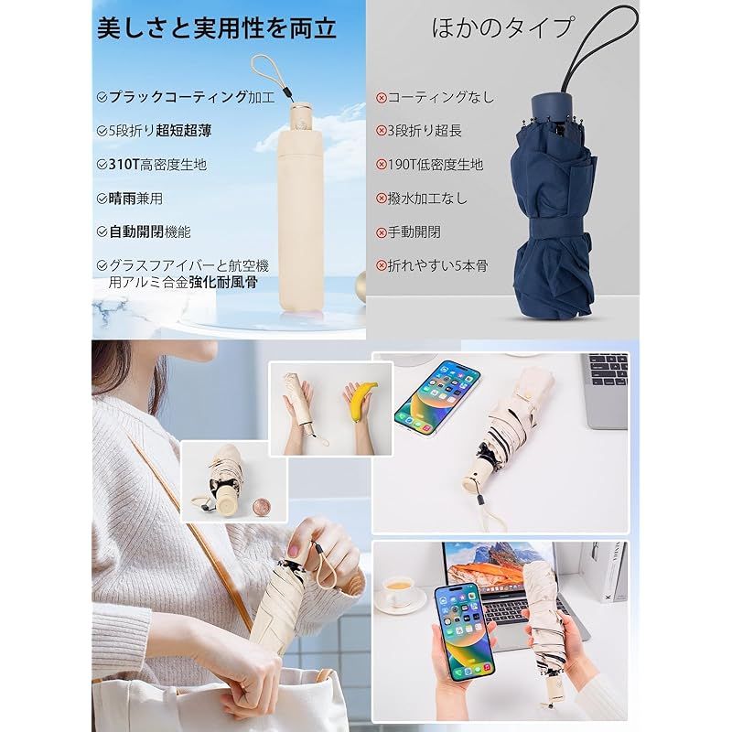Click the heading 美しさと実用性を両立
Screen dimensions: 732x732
point(217,28)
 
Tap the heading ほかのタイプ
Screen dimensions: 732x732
point(501,28)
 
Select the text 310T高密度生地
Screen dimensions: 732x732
point(157,165)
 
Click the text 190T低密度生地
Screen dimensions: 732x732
point(436,165)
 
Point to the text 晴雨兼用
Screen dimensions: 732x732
point(135,199)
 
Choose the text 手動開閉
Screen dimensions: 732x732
point(414,232)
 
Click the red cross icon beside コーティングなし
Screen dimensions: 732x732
point(382,98)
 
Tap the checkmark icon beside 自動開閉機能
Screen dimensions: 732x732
point(102,232)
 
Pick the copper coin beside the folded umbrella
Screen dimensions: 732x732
point(260,507)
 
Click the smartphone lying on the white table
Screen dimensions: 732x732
point(438,397)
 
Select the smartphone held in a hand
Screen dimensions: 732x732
point(464,631)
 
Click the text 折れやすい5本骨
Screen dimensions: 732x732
point(438,265)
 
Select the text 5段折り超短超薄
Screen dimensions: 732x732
point(160,131)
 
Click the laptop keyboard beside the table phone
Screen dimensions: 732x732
point(608,370)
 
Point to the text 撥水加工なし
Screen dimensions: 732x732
point(427,199)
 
